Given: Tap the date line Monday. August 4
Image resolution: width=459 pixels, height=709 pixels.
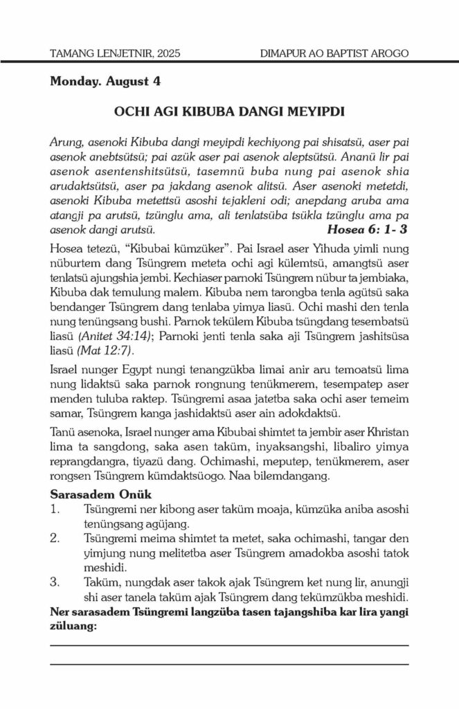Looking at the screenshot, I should pyautogui.click(x=105, y=82).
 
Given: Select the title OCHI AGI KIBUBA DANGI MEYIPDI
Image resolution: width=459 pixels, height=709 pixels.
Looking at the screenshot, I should pyautogui.click(x=229, y=111).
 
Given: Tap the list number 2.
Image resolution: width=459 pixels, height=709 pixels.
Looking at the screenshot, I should pyautogui.click(x=55, y=537).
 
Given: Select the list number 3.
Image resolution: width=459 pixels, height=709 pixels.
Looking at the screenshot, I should pyautogui.click(x=55, y=580).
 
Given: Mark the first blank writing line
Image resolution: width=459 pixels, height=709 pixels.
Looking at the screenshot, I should pyautogui.click(x=229, y=645).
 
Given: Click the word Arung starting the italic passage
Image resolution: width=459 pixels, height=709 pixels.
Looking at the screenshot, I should pyautogui.click(x=66, y=142).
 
